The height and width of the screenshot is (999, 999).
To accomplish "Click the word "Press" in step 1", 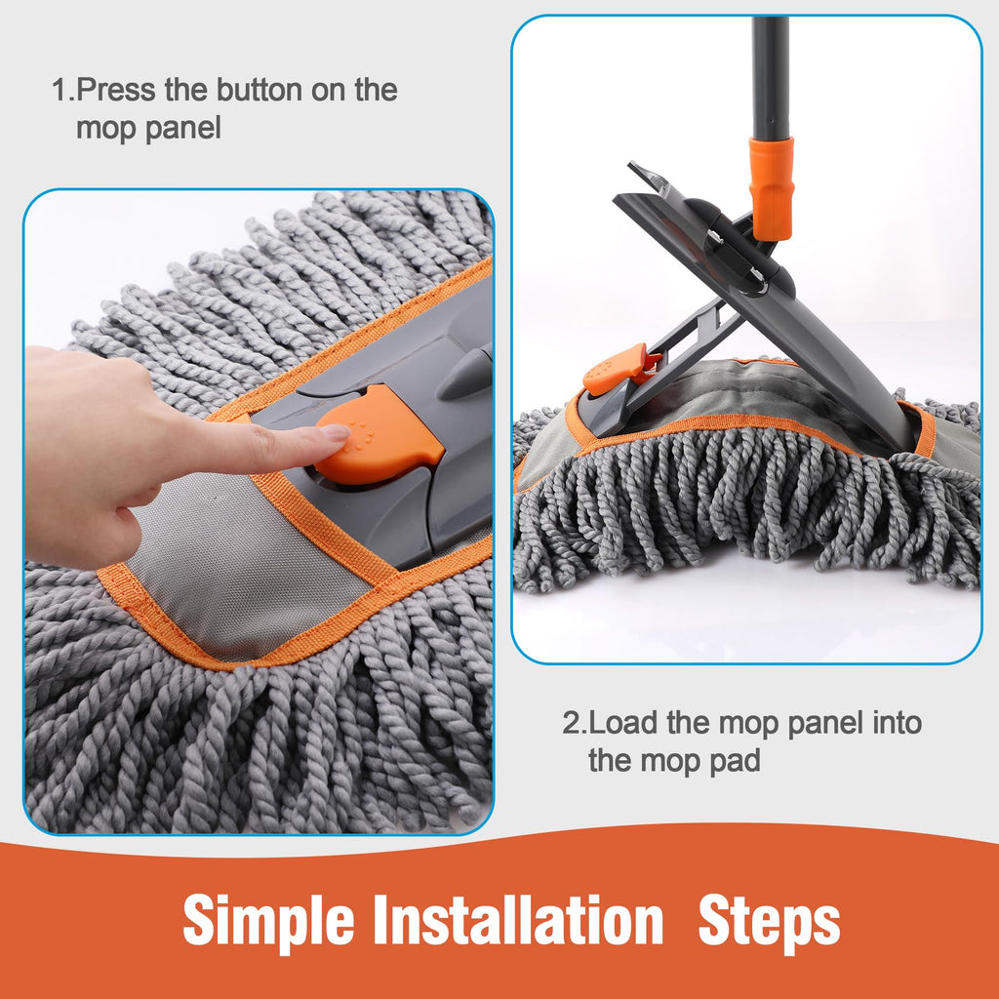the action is point(115,90).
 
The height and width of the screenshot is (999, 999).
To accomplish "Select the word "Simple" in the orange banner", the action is point(269,922).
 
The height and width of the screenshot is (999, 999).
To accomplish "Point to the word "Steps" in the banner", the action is point(769,922).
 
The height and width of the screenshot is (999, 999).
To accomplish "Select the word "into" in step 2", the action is point(898,723).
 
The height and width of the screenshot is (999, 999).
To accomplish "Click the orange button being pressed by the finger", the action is point(379,434).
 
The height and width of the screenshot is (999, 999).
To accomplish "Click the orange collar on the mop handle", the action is point(771,188).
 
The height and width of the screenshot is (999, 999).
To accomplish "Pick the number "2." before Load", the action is point(574,723).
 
